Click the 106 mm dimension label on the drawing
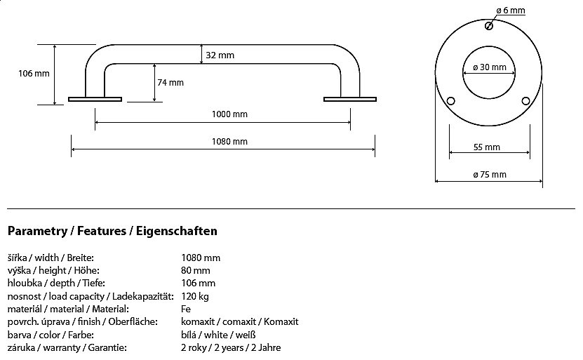pyautogui.click(x=33, y=73)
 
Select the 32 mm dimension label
pyautogui.click(x=220, y=55)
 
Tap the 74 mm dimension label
pyautogui.click(x=170, y=82)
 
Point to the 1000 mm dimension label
pyautogui.click(x=230, y=114)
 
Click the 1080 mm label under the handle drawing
pyautogui.click(x=230, y=141)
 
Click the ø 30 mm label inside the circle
pyautogui.click(x=489, y=67)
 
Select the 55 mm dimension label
pyautogui.click(x=487, y=147)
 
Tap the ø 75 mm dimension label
pyautogui.click(x=489, y=174)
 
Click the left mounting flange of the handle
pyautogui.click(x=95, y=99)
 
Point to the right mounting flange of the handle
pyautogui.click(x=350, y=99)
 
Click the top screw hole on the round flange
pyautogui.click(x=488, y=26)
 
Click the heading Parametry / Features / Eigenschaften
pyautogui.click(x=112, y=230)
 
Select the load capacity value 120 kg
pyautogui.click(x=195, y=295)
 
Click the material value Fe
pyautogui.click(x=186, y=309)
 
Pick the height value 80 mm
pyautogui.click(x=196, y=270)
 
